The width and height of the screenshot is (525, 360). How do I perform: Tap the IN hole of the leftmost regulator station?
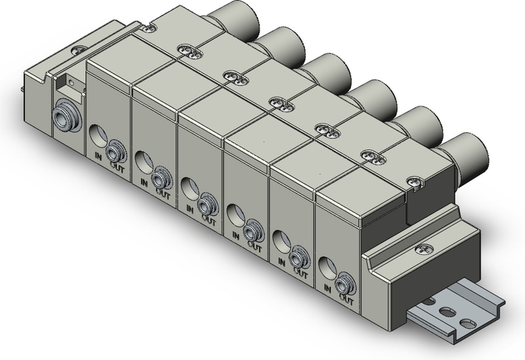click(x=97, y=137)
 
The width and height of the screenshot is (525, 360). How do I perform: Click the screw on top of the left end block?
click(x=80, y=50)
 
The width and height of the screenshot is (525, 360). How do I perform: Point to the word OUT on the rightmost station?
click(x=345, y=299)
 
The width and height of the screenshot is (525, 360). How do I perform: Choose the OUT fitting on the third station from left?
click(x=207, y=204)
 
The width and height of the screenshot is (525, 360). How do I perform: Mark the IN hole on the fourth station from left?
click(x=234, y=212)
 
